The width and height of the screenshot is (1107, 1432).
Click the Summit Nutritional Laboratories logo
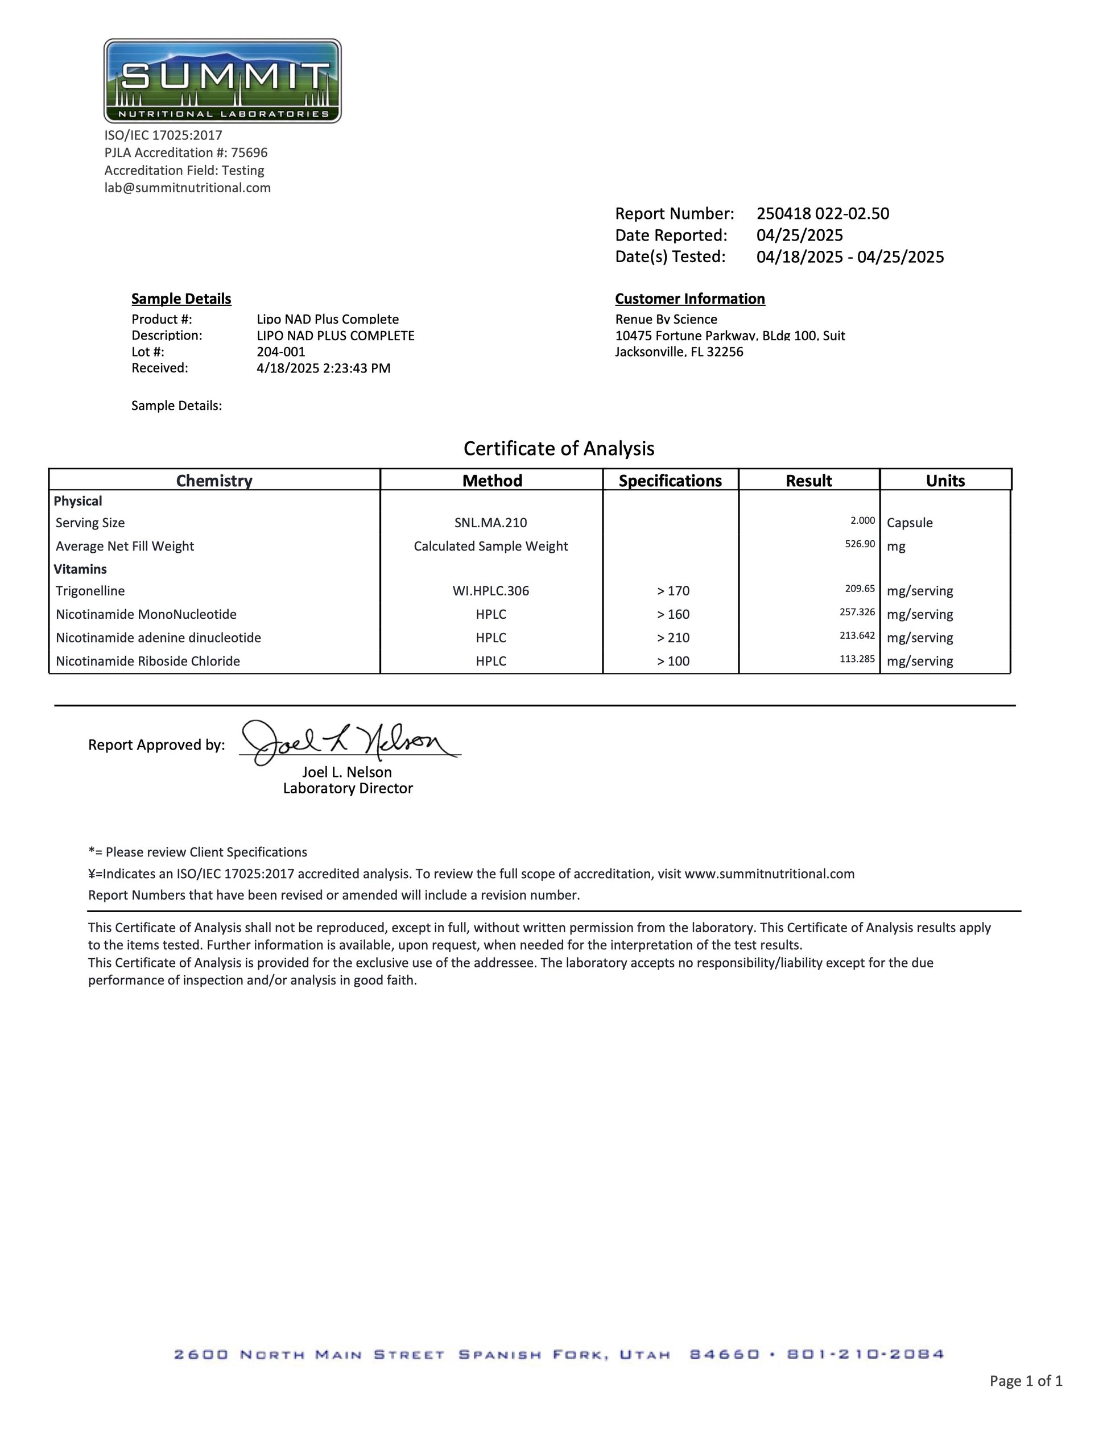[222, 81]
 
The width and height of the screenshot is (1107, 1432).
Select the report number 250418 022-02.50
[823, 214]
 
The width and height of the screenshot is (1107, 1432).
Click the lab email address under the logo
[188, 188]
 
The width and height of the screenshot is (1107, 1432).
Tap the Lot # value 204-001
[280, 352]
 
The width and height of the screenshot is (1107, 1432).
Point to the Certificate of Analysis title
[559, 449]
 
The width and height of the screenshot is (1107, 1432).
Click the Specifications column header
[670, 481]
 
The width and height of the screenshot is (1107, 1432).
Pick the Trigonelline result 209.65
[860, 589]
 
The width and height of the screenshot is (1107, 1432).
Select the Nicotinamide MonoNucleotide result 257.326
[857, 612]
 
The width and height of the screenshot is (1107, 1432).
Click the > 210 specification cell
[673, 638]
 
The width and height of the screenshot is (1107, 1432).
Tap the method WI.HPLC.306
[490, 591]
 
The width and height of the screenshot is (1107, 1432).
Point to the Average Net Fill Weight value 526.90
[860, 544]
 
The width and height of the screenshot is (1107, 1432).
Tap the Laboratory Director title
[348, 789]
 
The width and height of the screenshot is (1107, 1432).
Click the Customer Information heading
[690, 299]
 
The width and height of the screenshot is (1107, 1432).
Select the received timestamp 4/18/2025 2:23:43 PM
[323, 369]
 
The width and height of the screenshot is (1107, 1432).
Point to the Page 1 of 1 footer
[1026, 1380]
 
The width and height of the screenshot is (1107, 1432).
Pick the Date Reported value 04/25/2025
[799, 235]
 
